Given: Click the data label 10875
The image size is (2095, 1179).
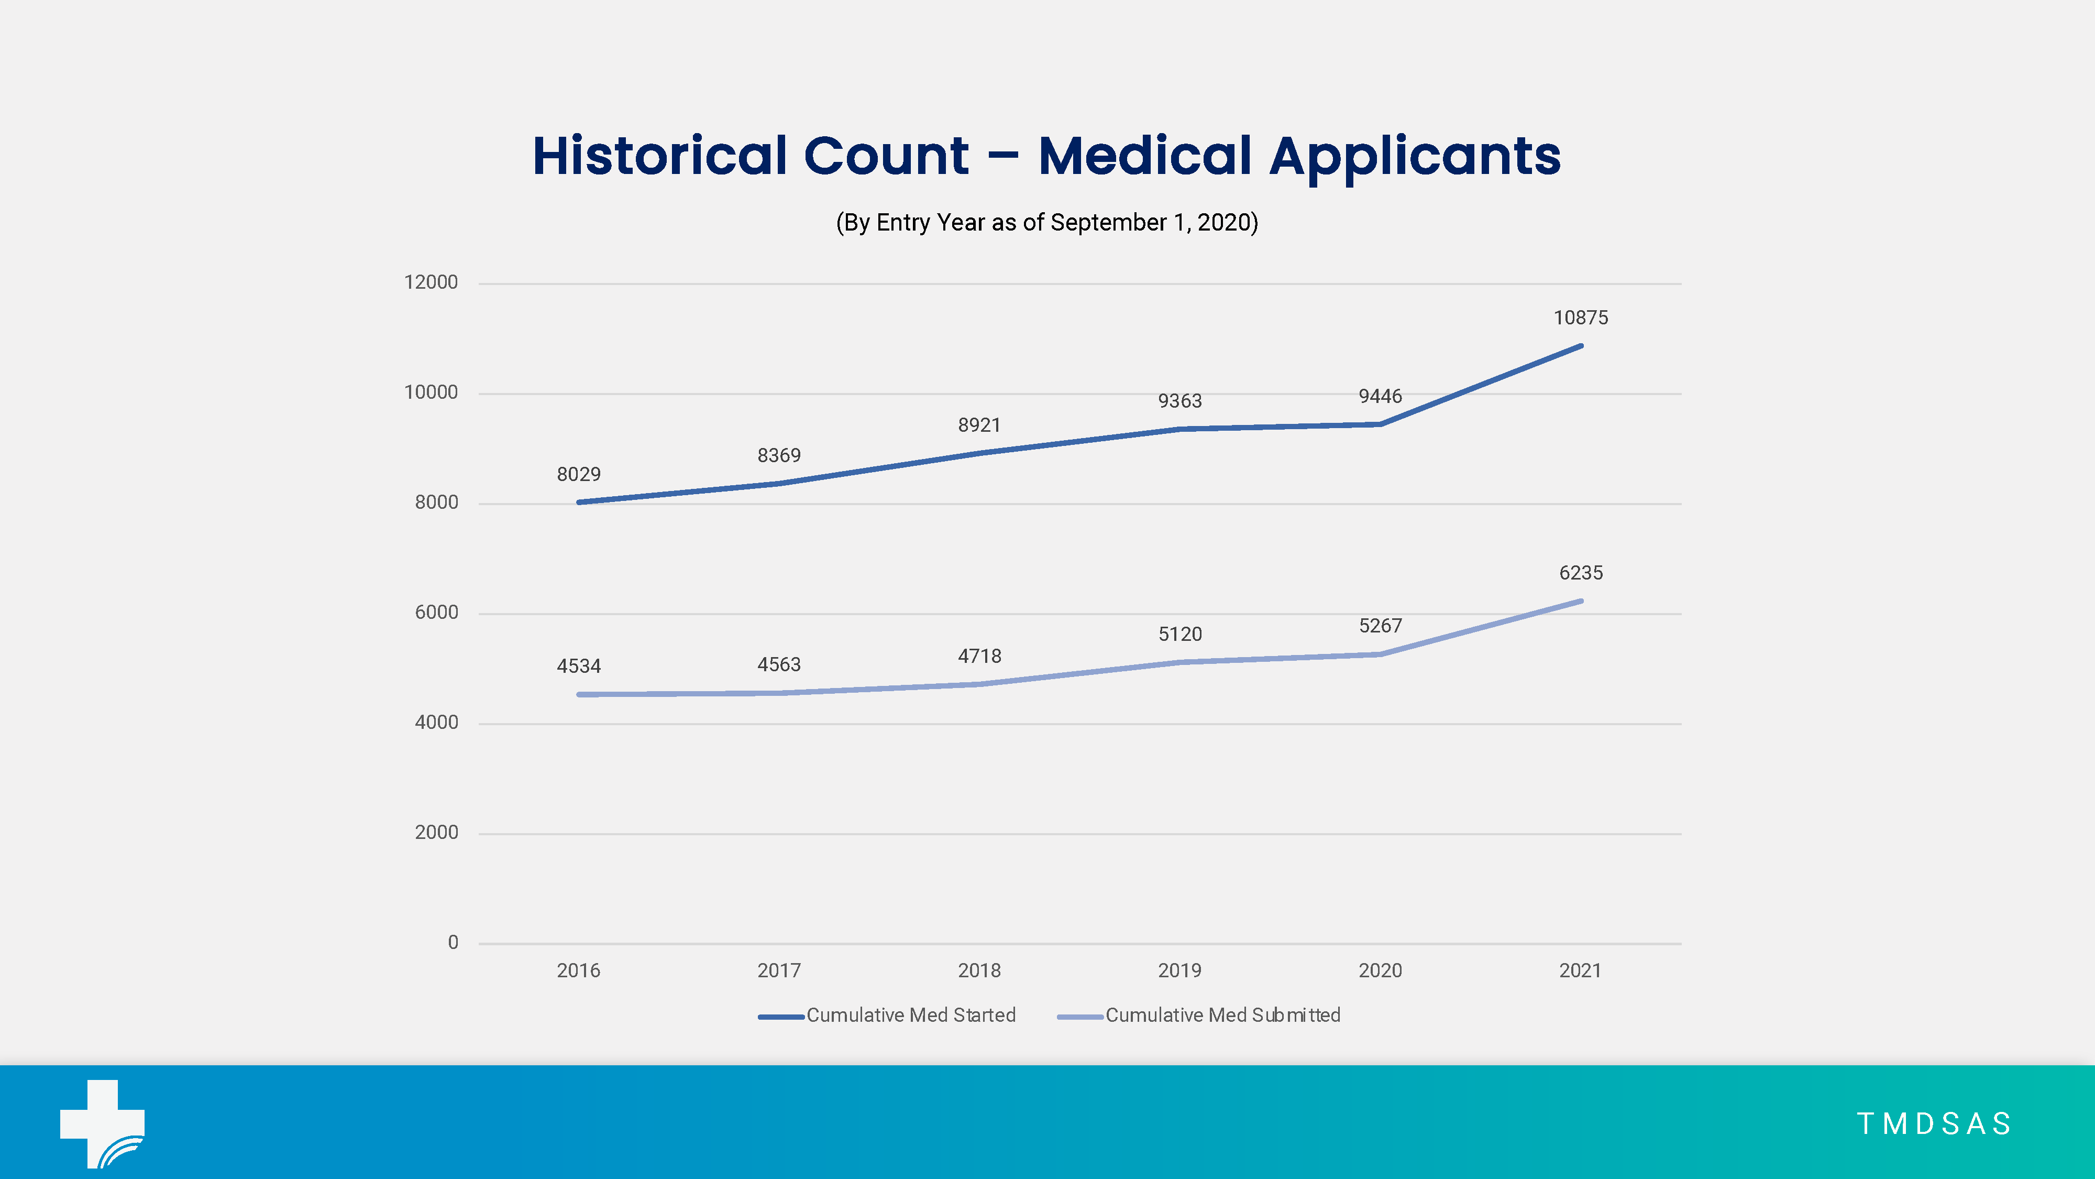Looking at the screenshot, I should click(1580, 318).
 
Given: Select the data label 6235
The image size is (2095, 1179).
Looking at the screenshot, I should click(1580, 573).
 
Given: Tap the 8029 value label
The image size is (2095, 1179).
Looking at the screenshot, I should click(578, 474).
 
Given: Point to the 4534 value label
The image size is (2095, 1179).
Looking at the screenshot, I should click(578, 667).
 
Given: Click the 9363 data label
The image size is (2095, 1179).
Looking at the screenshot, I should click(1179, 401).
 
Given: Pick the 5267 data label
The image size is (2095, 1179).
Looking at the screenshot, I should click(1380, 626).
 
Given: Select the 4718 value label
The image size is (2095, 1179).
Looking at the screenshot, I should click(979, 656).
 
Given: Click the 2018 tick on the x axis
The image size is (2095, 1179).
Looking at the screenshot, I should click(979, 970).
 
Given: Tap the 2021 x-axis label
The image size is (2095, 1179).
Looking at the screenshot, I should click(1580, 970).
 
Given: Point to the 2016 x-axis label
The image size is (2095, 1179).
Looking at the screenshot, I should click(578, 970).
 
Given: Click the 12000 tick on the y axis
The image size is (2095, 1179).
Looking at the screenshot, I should click(431, 282).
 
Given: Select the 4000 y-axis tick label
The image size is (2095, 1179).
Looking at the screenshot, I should click(437, 723).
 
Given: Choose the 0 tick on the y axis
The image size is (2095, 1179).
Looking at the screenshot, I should click(453, 942).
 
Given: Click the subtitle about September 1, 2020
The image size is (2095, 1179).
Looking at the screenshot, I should click(1046, 223).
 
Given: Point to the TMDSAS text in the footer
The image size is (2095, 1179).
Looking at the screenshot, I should click(1934, 1123).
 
